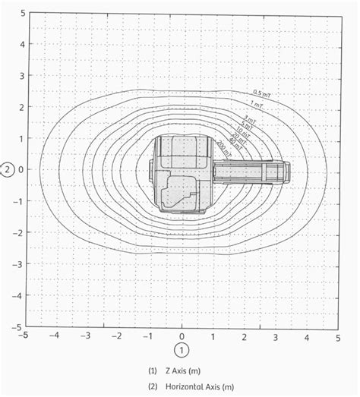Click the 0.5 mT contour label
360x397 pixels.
point(261,94)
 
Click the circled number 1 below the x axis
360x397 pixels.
point(182,349)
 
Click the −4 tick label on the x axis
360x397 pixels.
point(54,335)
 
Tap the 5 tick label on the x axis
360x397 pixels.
point(338,335)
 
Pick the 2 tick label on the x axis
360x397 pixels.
point(244,335)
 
